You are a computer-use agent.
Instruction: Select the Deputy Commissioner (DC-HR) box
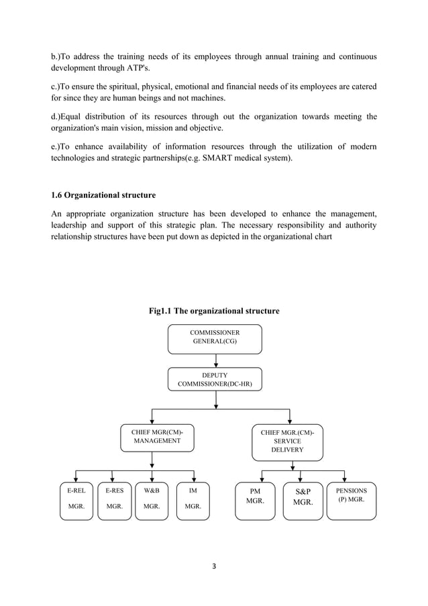(x=215, y=379)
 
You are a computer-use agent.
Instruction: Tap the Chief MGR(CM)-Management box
(x=152, y=437)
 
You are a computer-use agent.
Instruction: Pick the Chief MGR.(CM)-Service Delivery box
(x=287, y=442)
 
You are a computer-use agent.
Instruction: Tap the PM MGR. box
(x=255, y=500)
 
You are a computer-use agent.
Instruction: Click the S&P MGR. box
(x=303, y=500)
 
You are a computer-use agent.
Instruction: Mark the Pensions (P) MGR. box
(x=351, y=499)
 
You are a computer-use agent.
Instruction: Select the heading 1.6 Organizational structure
(x=103, y=195)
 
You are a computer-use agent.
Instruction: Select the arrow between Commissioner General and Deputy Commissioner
(x=215, y=360)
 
